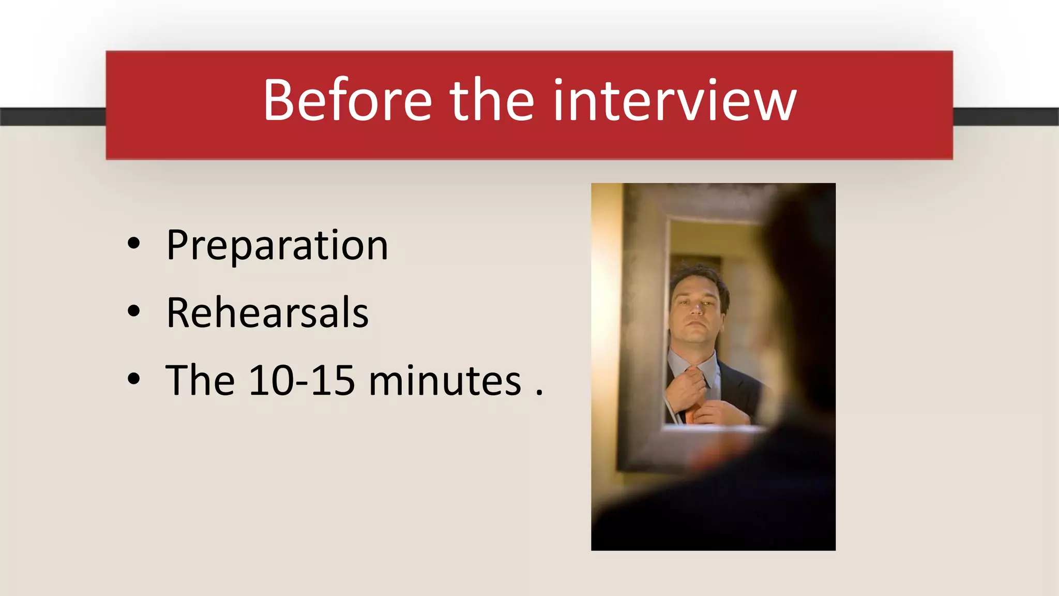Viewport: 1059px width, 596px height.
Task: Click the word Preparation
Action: point(277,245)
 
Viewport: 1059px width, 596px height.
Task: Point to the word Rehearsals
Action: point(267,313)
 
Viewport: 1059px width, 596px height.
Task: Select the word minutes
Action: point(445,381)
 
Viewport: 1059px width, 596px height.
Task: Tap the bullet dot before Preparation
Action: point(133,244)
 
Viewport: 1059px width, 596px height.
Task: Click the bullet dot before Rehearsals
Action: point(133,311)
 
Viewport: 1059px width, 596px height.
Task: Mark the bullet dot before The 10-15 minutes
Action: point(133,379)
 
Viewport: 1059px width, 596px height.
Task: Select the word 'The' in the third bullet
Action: point(200,381)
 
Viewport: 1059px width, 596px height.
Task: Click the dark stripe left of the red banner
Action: point(52,116)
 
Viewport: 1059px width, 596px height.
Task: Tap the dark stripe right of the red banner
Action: point(1005,116)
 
